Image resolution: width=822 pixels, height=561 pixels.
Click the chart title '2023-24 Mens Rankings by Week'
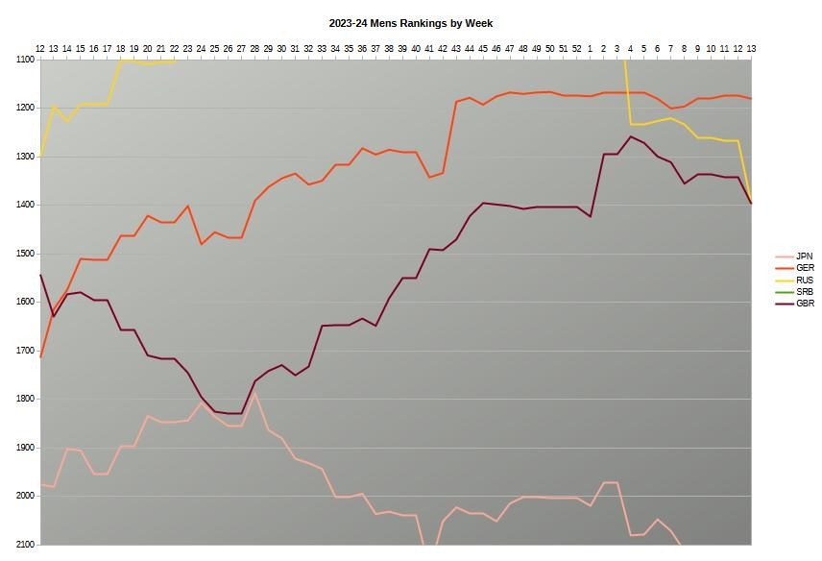point(410,23)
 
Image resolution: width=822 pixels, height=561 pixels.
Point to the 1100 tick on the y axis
point(25,60)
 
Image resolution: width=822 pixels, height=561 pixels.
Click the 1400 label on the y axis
point(25,205)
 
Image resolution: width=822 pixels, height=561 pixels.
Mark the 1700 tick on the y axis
point(25,351)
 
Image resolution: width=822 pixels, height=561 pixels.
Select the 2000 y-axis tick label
point(25,496)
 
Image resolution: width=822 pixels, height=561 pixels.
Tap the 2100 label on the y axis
point(25,545)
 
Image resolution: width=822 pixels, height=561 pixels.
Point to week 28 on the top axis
point(254,48)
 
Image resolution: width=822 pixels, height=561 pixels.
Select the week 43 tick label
point(456,48)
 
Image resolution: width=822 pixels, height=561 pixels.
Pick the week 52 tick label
point(577,48)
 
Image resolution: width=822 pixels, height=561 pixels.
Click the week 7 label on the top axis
point(670,48)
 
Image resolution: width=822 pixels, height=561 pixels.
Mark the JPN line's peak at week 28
point(254,394)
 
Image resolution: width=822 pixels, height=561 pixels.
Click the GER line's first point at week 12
point(40,357)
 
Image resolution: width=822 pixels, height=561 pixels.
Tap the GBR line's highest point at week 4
point(630,136)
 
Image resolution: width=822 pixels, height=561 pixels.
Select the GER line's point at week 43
point(456,102)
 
